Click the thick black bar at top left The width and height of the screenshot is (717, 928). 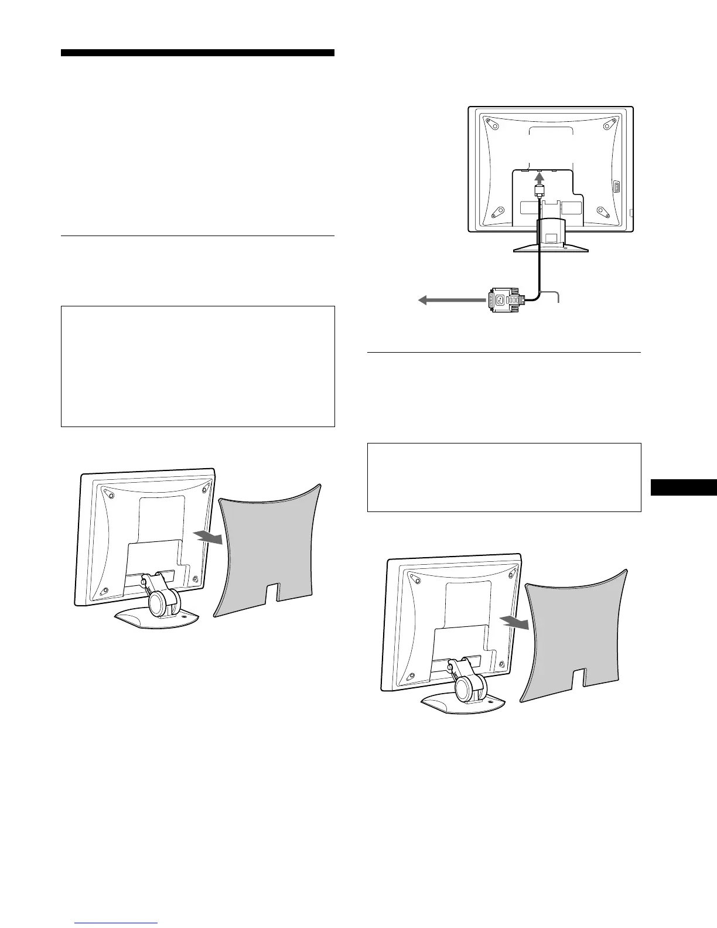point(197,53)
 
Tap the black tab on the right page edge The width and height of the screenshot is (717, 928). point(684,488)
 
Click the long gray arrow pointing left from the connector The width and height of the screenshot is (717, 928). point(451,301)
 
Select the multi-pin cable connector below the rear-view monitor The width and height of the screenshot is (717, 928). point(504,299)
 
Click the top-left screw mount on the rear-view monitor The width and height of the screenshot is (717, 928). point(493,125)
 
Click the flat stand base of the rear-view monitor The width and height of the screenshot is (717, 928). point(551,248)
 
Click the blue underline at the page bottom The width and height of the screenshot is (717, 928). point(117,923)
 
